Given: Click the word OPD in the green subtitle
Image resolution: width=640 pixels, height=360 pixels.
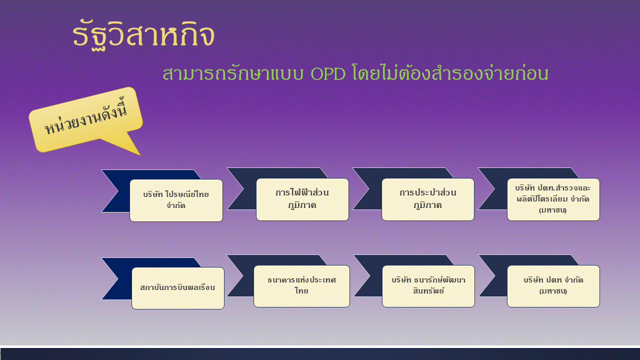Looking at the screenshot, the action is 327,73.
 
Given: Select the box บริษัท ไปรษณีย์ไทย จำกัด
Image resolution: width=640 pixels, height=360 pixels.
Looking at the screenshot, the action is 176,200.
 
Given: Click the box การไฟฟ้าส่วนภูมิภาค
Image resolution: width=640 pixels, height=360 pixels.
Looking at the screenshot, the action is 302,199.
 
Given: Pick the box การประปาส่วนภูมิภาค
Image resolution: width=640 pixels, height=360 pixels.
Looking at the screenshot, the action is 427,199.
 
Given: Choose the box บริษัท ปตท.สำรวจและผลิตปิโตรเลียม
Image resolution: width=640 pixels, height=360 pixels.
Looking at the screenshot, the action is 553,199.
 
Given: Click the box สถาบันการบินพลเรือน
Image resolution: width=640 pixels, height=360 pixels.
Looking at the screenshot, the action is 177,288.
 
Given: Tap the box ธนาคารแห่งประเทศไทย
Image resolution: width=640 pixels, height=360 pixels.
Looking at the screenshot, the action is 301,286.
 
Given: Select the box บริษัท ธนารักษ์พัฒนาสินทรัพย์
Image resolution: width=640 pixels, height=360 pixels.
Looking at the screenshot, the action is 428,286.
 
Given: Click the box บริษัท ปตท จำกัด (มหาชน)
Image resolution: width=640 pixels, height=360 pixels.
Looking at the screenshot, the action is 553,286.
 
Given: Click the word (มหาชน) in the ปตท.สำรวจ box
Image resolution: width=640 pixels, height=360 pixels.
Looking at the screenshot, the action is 552,210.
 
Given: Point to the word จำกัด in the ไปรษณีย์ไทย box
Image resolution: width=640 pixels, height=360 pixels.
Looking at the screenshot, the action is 175,205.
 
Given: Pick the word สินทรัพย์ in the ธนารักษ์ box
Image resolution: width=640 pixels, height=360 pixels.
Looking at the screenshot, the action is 428,291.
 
